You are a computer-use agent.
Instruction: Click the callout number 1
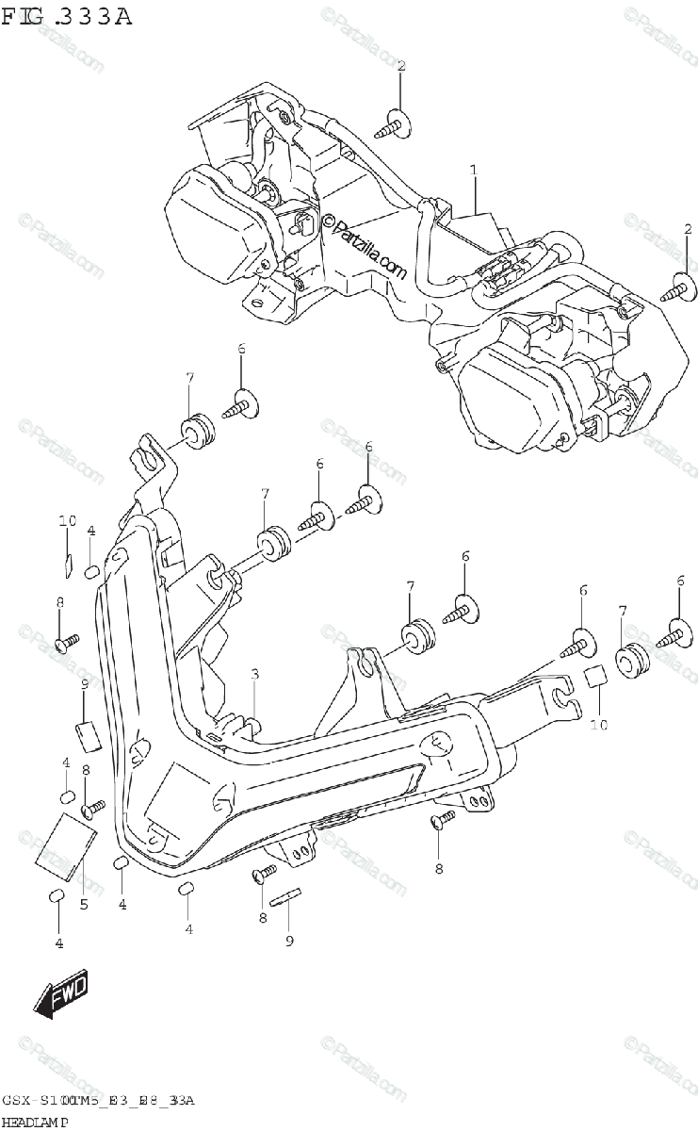click(x=474, y=170)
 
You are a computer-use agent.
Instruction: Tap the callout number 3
click(x=254, y=674)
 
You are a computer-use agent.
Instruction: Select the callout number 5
click(x=83, y=906)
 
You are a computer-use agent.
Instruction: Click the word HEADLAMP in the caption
click(x=40, y=1120)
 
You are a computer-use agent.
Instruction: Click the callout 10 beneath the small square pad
click(x=599, y=726)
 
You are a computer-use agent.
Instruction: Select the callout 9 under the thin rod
click(x=289, y=940)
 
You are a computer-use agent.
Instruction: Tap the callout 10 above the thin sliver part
click(x=66, y=521)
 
